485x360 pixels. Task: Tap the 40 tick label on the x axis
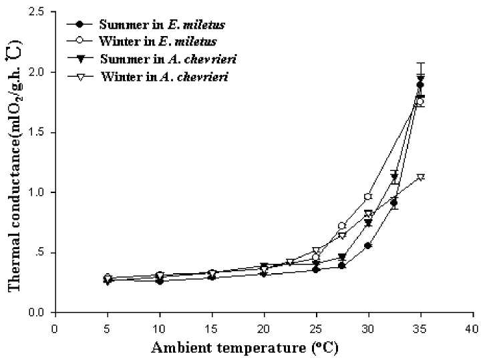(x=472, y=328)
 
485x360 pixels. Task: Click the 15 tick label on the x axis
(x=211, y=328)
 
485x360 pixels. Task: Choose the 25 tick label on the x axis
(x=316, y=328)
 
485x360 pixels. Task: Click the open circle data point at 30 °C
(x=368, y=197)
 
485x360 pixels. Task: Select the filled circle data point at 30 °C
(x=368, y=246)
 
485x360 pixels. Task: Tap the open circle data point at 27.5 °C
(x=342, y=226)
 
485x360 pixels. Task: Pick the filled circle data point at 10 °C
(x=159, y=281)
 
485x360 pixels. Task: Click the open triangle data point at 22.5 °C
(x=290, y=262)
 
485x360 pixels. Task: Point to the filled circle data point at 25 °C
(x=316, y=269)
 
